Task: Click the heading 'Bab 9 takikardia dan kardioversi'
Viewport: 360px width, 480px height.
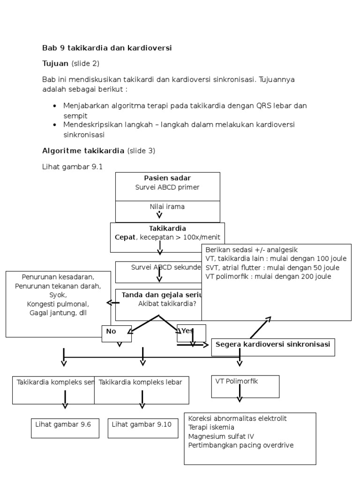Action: pos(107,48)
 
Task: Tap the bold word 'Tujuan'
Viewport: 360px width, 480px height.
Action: pos(55,63)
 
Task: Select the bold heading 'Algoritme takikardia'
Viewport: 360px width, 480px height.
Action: pos(83,151)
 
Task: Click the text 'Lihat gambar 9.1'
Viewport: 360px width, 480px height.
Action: pos(72,166)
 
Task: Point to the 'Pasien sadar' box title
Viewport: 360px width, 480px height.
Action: pos(167,178)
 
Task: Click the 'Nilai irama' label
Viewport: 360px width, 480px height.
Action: pos(167,207)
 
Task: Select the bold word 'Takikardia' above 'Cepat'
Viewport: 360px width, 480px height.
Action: pos(167,228)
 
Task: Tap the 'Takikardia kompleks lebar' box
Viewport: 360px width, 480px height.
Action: pos(141,389)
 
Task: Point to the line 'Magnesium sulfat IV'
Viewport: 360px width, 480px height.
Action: pos(218,436)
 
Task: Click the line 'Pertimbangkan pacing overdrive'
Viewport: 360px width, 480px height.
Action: pos(241,445)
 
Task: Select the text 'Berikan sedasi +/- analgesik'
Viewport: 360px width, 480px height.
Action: pos(251,250)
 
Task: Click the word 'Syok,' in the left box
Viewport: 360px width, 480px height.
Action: pos(58,295)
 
